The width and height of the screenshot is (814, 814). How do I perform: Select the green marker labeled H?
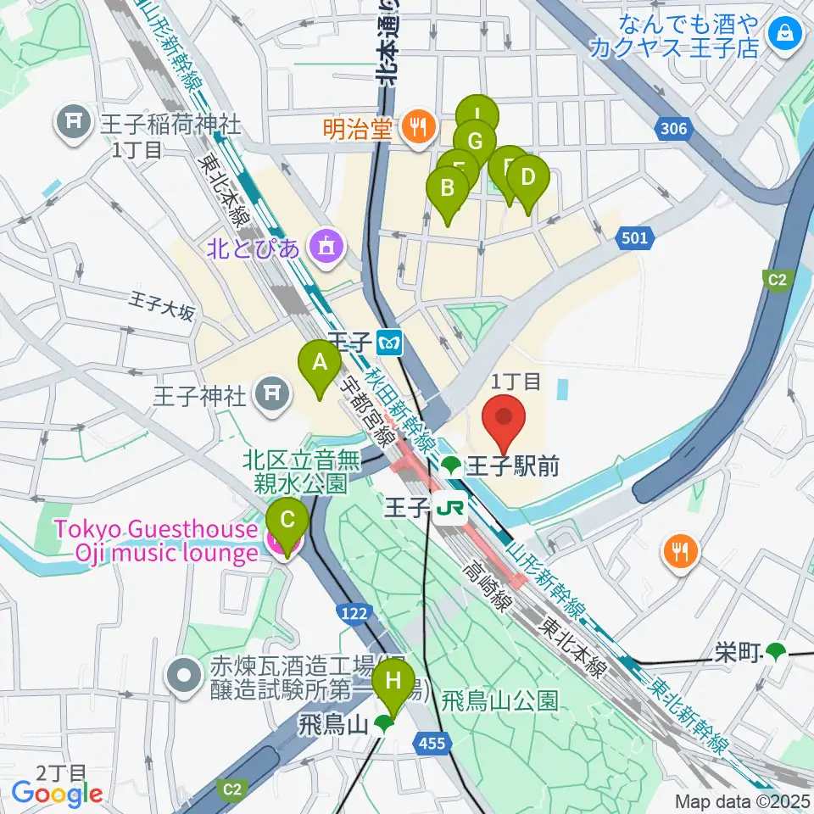(393, 681)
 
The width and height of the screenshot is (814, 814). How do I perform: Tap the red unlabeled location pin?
(504, 418)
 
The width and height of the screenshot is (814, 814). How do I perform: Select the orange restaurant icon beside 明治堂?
(416, 128)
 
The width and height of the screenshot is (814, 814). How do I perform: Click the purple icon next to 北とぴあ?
(325, 247)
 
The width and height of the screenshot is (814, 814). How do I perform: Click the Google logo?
(58, 794)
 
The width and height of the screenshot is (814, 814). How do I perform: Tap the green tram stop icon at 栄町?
(774, 651)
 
